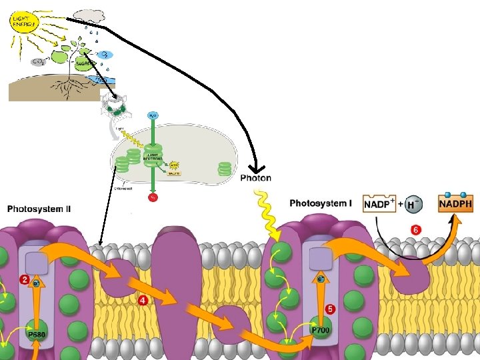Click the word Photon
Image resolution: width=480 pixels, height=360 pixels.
[255, 178]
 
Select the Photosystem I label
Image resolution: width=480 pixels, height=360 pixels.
[321, 203]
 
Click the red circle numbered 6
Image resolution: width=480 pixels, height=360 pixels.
[416, 230]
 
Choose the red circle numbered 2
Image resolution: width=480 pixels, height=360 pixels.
[24, 281]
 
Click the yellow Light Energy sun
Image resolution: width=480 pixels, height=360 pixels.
[23, 21]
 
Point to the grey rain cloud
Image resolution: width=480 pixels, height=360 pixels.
[89, 15]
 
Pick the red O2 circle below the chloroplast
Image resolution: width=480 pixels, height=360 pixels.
[153, 197]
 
